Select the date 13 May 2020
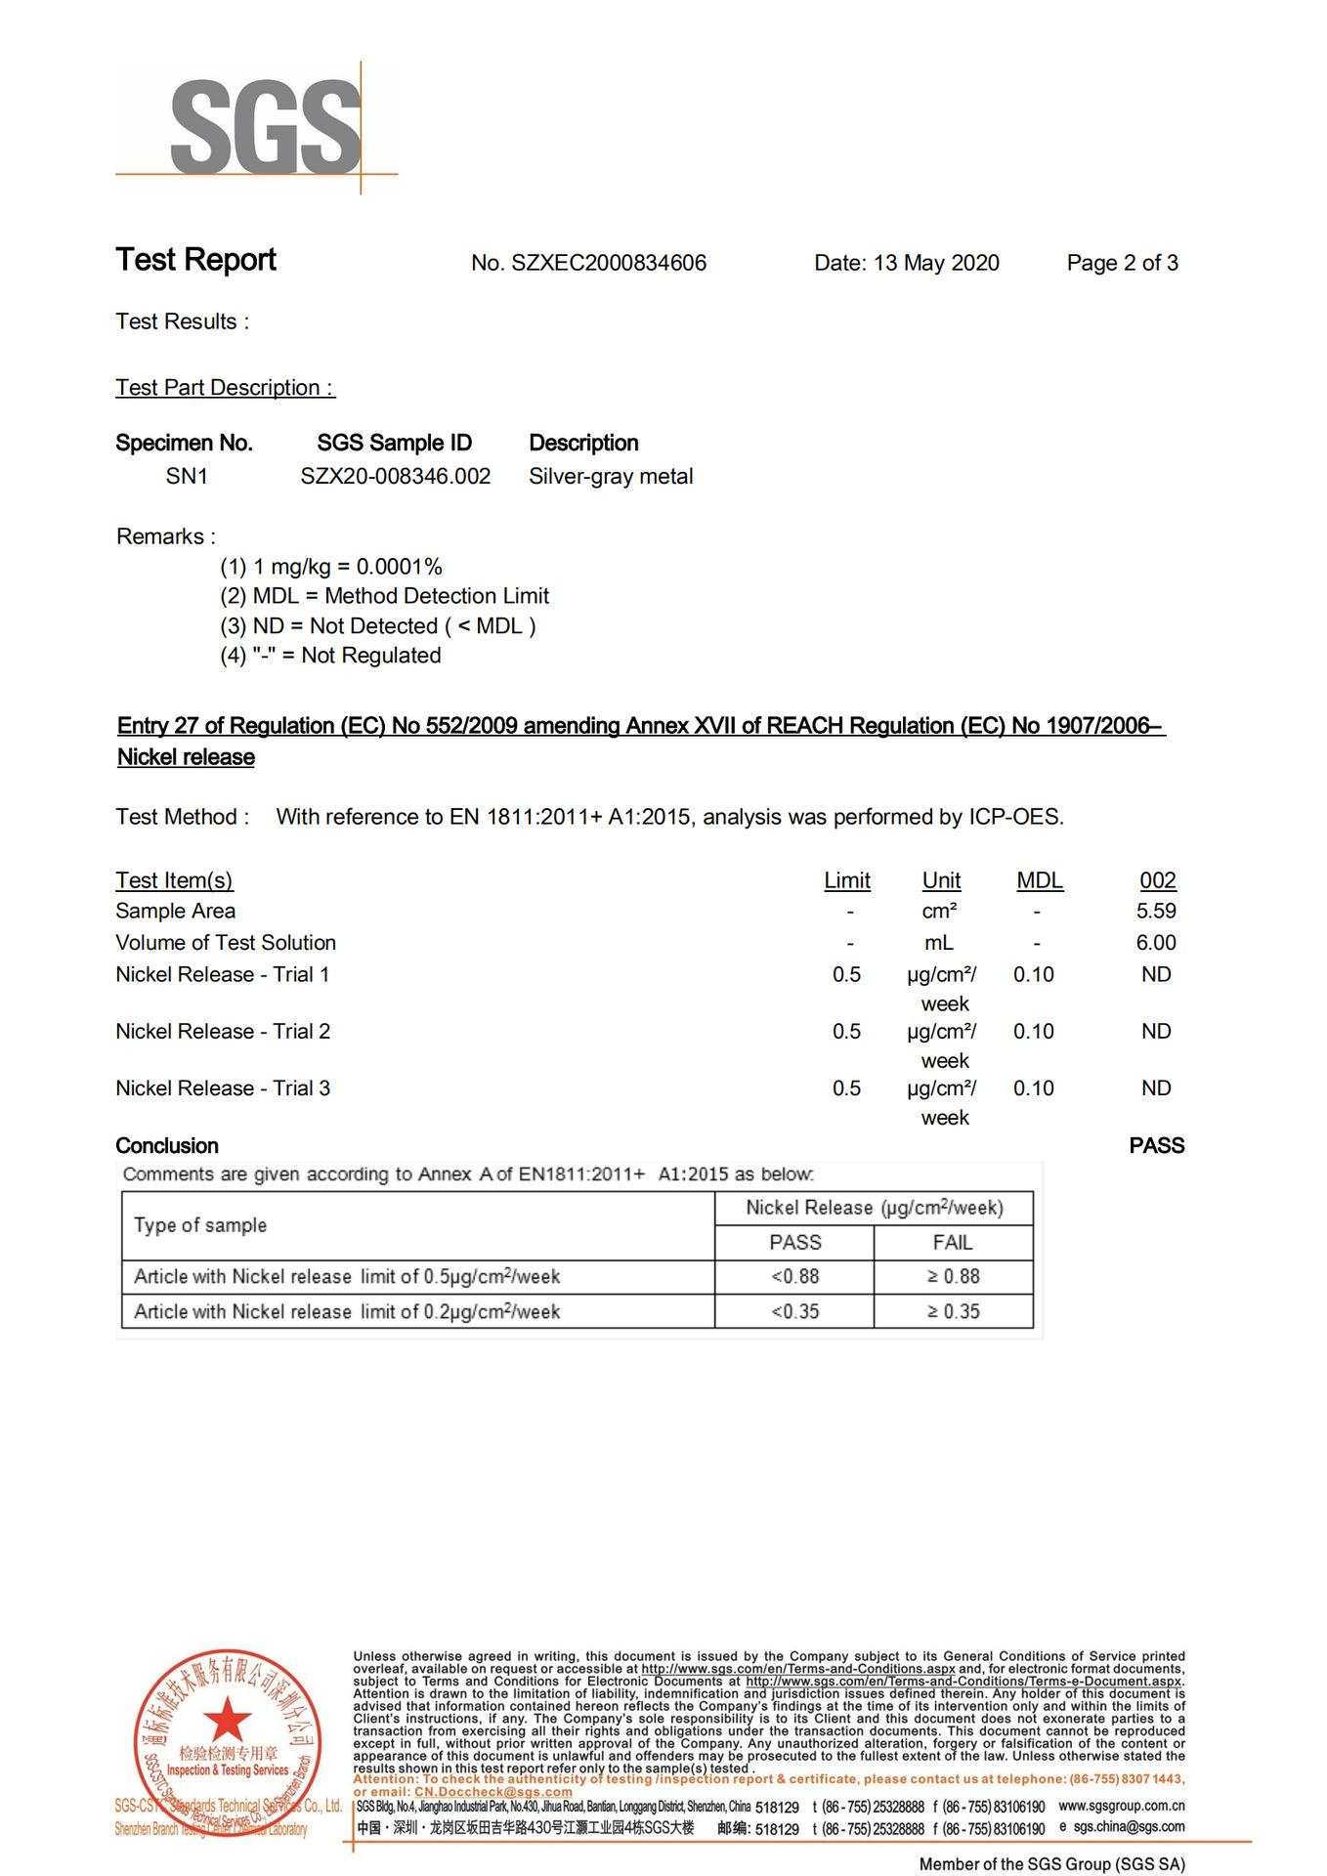point(935,263)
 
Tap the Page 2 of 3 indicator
point(1122,263)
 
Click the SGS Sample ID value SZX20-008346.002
point(395,477)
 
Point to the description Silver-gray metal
point(611,477)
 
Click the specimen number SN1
point(187,477)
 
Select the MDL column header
point(1039,880)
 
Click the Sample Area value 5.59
point(1156,912)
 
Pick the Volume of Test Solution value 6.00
point(1156,943)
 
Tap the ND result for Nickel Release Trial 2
point(1156,1032)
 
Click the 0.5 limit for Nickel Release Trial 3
point(846,1088)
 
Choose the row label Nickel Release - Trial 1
point(223,975)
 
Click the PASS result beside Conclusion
point(1156,1146)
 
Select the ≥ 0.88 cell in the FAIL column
point(953,1277)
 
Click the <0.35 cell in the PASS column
point(794,1312)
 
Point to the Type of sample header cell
point(200,1225)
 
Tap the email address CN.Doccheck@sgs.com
point(492,1792)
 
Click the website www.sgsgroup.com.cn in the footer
point(1121,1807)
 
